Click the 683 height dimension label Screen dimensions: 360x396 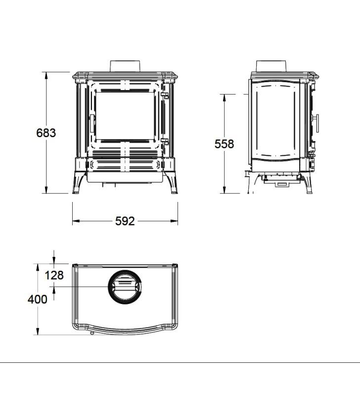click(46, 133)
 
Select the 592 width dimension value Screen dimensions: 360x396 click(125, 221)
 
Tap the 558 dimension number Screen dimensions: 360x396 click(225, 144)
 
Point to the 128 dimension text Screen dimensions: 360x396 click(54, 275)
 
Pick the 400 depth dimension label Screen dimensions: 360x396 click(38, 299)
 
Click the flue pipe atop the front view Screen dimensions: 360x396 click(125, 66)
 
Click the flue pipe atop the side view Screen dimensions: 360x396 click(271, 66)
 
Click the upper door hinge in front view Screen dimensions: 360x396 click(165, 95)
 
